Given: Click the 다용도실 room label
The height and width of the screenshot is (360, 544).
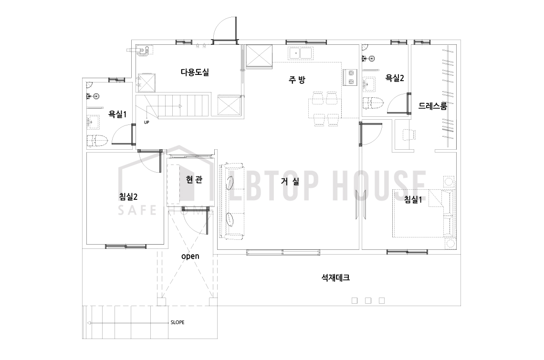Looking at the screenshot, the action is click(x=195, y=72).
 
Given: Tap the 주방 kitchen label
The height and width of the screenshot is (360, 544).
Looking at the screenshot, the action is click(x=297, y=80).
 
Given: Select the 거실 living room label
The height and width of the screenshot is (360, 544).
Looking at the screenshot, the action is click(x=290, y=181).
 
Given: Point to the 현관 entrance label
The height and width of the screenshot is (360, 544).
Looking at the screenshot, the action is click(x=194, y=180).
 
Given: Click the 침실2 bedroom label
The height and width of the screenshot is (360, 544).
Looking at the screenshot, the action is click(x=128, y=196).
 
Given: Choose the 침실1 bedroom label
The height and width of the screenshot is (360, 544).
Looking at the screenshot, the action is click(x=413, y=199).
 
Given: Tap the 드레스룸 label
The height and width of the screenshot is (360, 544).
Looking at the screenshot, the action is click(x=432, y=106).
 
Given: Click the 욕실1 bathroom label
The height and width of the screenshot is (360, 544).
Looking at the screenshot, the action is click(x=117, y=114).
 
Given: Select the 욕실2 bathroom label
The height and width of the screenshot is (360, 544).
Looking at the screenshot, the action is click(x=395, y=78).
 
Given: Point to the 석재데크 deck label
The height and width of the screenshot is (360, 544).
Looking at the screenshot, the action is click(x=335, y=278).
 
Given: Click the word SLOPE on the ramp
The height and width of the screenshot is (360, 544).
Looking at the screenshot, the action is click(x=178, y=322).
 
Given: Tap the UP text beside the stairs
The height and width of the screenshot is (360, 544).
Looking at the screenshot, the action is click(x=146, y=123).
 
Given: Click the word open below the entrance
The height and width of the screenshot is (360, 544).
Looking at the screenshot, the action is click(x=190, y=257).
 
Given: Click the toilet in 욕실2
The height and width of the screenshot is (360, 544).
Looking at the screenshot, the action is click(x=373, y=103).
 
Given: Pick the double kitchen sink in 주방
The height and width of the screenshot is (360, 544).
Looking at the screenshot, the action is click(x=301, y=53).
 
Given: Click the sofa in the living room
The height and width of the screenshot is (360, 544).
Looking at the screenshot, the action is click(x=231, y=200).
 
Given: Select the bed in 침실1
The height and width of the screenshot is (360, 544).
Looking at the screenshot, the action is click(x=424, y=213).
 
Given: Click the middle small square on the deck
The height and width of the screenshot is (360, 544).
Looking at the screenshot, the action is click(x=368, y=301).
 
